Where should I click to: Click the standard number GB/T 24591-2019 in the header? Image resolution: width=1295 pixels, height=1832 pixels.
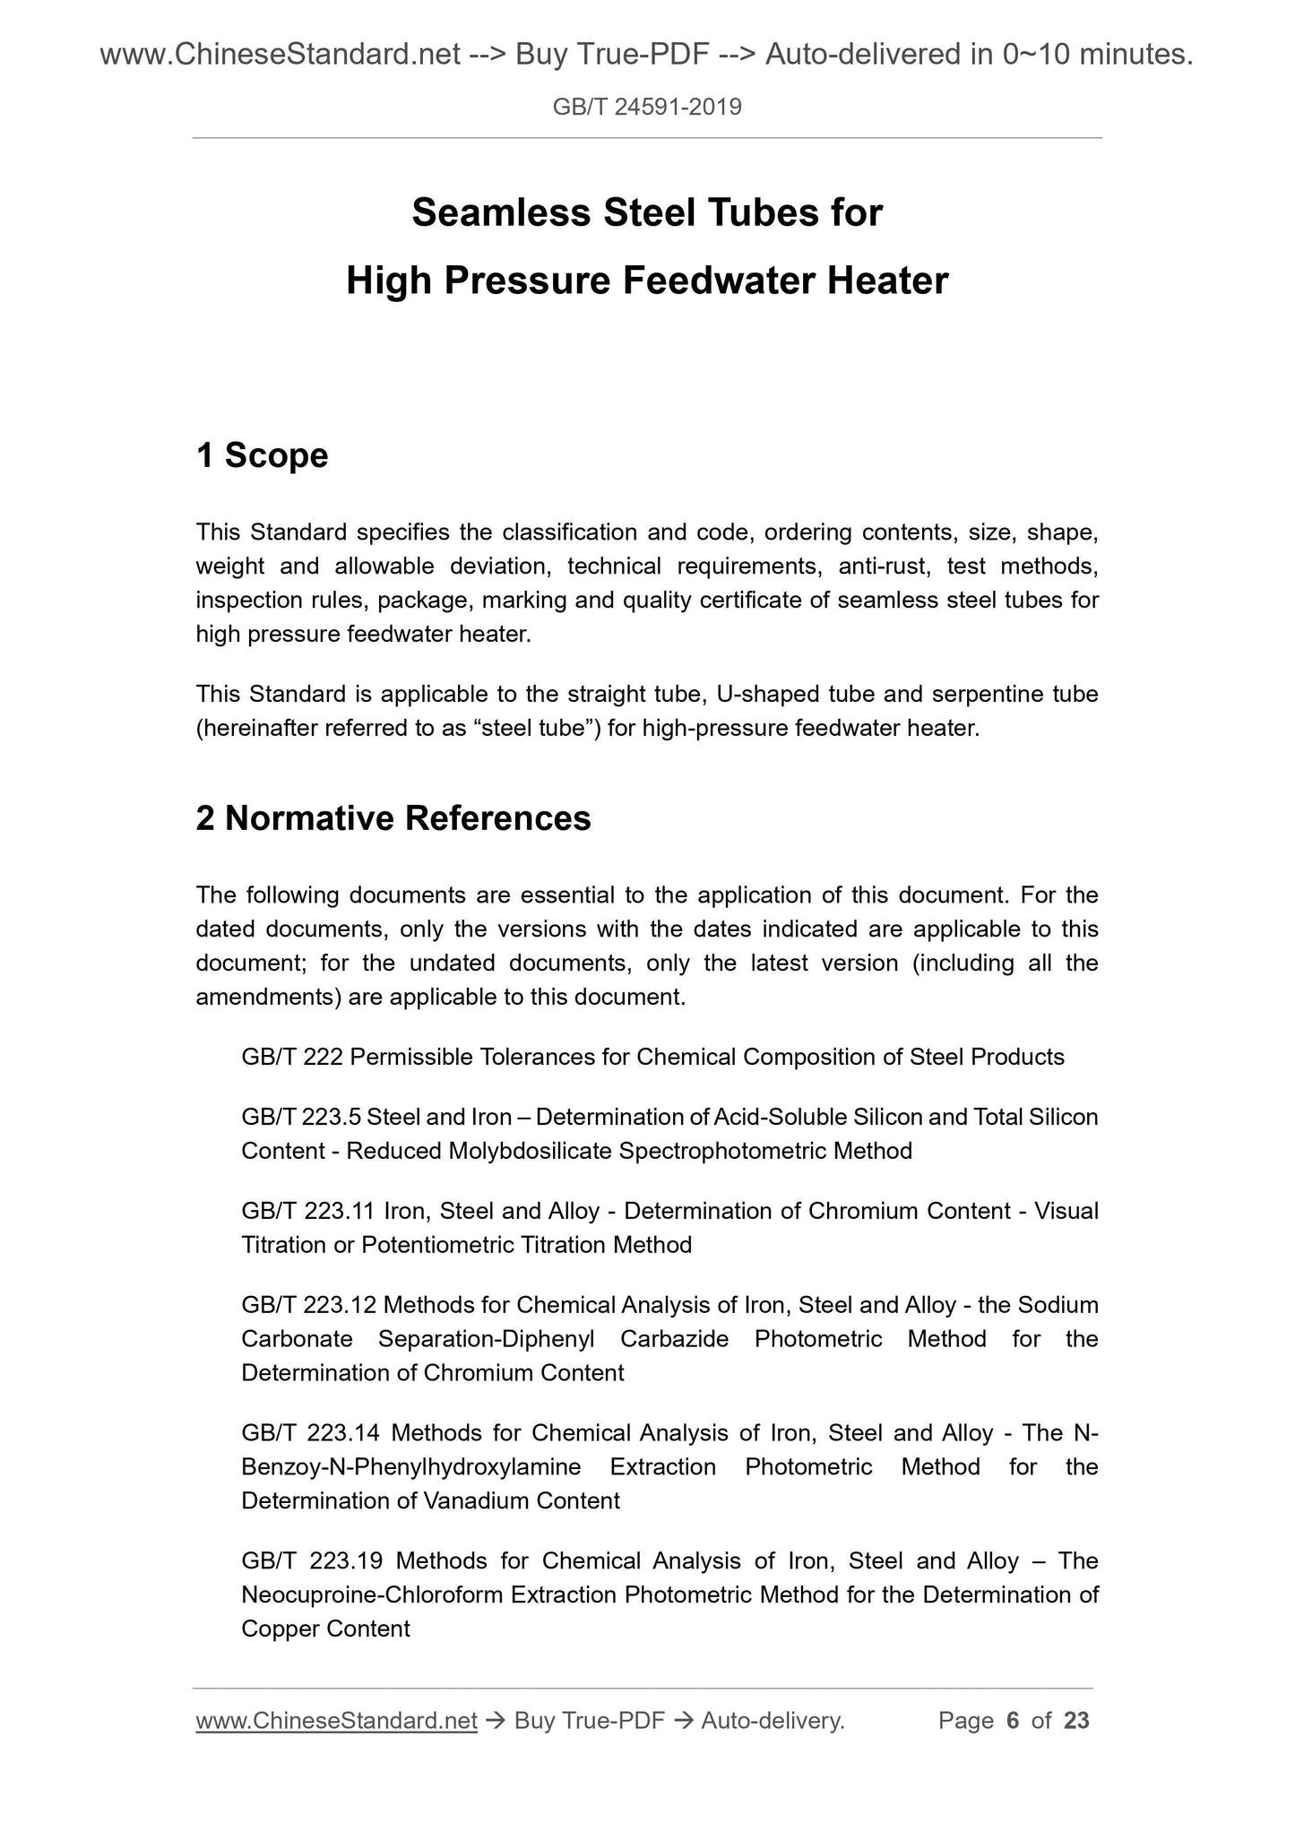(x=647, y=108)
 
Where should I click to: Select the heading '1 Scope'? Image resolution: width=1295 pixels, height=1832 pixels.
(x=262, y=455)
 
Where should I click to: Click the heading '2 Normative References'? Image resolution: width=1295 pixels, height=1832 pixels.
(x=393, y=818)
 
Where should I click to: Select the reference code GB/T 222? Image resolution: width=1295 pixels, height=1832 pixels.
(x=291, y=1058)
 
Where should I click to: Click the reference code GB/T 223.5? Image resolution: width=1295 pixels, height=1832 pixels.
(x=300, y=1118)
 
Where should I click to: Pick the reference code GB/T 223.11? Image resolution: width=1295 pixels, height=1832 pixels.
(x=307, y=1212)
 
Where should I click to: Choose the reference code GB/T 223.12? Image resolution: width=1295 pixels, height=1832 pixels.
(x=307, y=1306)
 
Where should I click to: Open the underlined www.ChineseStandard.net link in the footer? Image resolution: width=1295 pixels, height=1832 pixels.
(x=336, y=1721)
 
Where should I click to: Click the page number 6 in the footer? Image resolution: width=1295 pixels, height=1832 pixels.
(x=1014, y=1721)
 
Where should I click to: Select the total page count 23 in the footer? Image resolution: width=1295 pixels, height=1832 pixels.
(x=1076, y=1721)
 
